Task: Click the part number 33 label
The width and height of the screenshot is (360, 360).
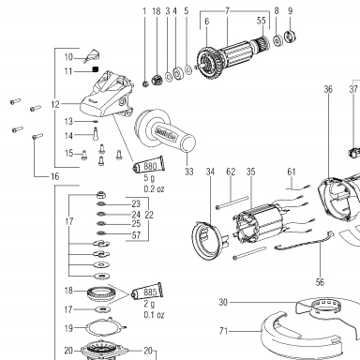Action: (189, 172)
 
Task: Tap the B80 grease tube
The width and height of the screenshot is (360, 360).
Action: (149, 164)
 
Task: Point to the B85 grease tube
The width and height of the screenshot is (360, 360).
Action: (147, 292)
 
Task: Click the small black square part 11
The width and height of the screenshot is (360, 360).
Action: (96, 69)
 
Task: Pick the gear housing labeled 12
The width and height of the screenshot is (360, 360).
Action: (107, 95)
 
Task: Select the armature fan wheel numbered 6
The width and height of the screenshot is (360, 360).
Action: (207, 61)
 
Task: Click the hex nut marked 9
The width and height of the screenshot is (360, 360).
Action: (291, 36)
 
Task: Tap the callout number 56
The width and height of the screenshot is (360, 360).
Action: (320, 282)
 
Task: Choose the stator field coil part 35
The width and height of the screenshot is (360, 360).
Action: (259, 223)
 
